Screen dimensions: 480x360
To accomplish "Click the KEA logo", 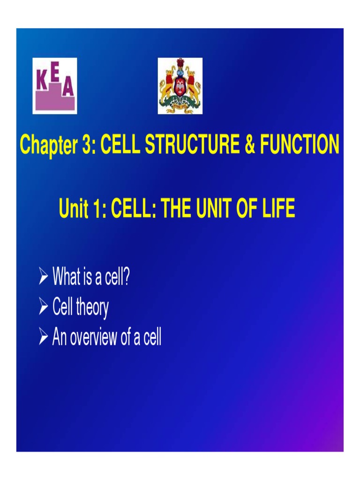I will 54,86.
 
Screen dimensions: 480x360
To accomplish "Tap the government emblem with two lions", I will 180,86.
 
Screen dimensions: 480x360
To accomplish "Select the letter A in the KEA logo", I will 68,89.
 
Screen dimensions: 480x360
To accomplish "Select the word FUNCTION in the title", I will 299,145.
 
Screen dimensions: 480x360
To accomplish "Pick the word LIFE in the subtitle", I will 278,209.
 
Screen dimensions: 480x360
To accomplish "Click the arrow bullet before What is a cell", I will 44,278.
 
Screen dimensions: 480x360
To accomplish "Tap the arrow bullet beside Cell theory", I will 44,308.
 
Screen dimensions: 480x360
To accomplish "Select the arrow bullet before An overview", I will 44,338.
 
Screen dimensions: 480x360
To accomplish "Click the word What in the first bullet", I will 67,277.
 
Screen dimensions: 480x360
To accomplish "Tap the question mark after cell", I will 127,277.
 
